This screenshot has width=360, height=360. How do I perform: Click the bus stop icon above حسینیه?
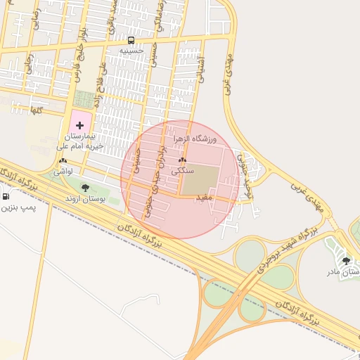coord(131,40)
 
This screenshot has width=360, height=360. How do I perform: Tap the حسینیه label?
coord(131,51)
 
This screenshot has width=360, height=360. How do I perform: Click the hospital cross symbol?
coord(79,124)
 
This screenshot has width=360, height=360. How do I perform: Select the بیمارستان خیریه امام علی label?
coord(79,141)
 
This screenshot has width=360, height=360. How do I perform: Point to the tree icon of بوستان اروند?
coord(85,188)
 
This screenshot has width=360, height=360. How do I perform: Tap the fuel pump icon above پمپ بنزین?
coord(6,196)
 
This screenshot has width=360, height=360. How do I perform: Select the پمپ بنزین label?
coord(17,208)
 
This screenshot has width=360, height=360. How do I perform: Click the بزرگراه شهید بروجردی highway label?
coord(284,249)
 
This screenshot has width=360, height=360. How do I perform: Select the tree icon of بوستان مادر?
coord(345,260)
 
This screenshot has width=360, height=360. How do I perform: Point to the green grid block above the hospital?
coord(84,99)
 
